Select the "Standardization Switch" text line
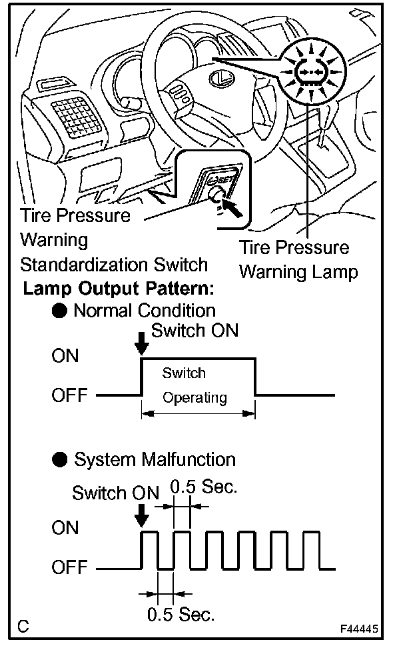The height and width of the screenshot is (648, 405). click(x=114, y=264)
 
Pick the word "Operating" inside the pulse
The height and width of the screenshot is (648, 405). click(x=195, y=398)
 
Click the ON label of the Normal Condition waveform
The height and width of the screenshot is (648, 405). click(x=65, y=356)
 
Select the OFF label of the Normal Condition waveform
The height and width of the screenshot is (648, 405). click(x=69, y=395)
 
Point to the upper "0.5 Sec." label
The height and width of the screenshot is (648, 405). click(x=203, y=487)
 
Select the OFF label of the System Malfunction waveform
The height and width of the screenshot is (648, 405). click(x=69, y=568)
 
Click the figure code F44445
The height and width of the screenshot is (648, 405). click(x=360, y=629)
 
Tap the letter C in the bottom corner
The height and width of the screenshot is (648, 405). click(x=23, y=626)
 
